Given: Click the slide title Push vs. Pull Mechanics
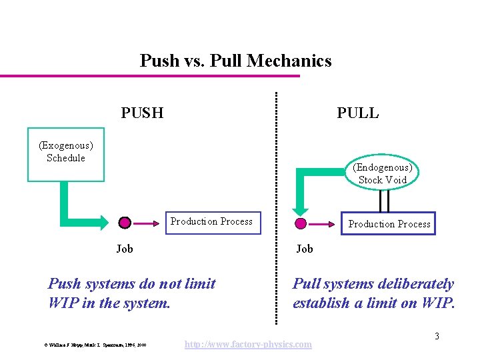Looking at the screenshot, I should point(235,61).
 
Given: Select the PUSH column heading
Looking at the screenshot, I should point(142,113).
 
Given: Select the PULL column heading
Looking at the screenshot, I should point(357,113).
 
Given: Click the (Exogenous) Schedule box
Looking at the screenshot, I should point(66,154).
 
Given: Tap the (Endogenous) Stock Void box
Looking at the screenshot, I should point(383,173).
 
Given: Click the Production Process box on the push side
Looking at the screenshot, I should point(211,222).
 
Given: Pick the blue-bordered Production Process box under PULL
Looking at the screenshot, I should point(389,224).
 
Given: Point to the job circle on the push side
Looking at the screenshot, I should point(125,223).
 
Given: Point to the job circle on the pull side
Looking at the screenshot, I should point(301,223).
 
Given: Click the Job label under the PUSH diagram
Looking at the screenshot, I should point(125,249).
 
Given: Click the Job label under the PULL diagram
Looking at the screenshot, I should point(305,249).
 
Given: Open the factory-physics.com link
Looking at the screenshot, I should point(247,344).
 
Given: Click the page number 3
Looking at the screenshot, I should point(437,336).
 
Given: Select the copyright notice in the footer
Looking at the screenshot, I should point(95,345).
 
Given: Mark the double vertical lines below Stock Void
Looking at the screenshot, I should point(384,200).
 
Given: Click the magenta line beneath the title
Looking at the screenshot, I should point(150,76).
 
